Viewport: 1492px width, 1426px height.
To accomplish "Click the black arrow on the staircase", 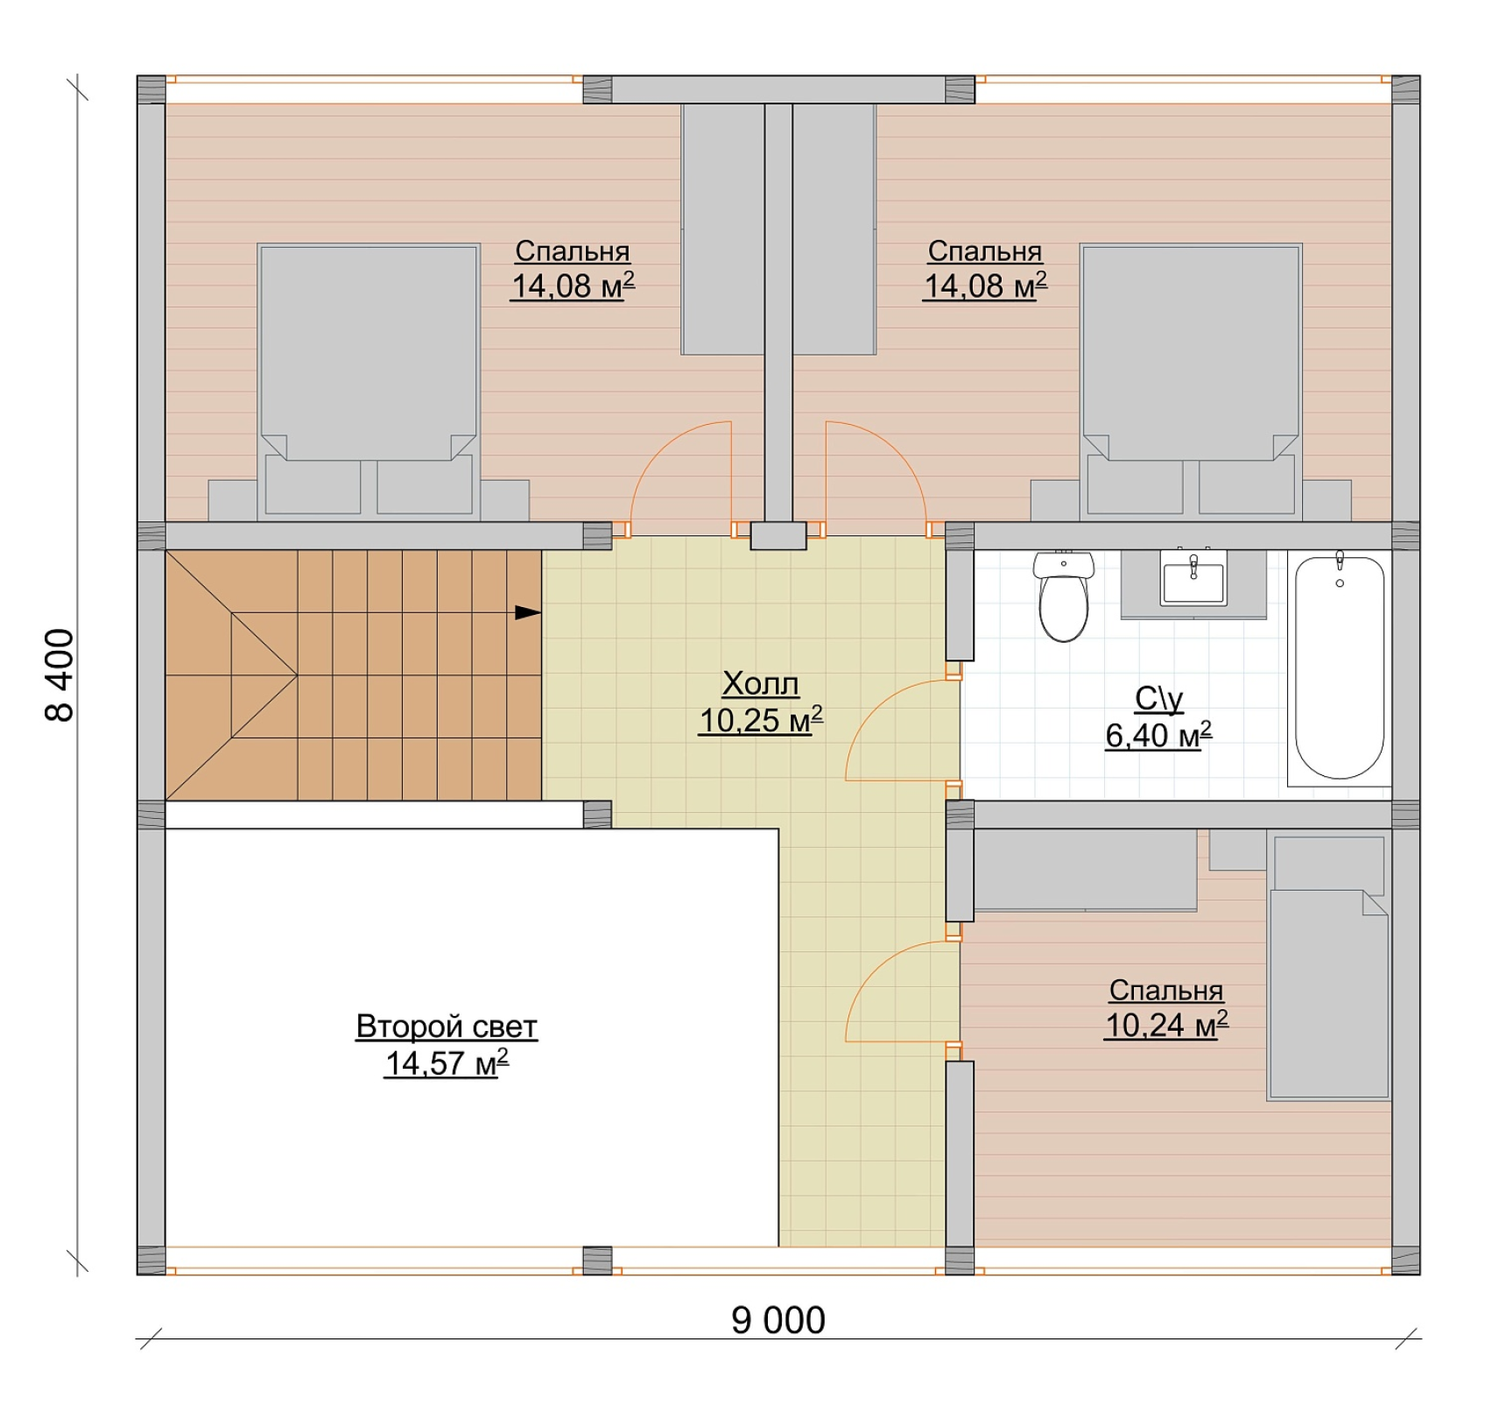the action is (528, 612).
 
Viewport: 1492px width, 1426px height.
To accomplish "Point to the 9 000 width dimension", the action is (778, 1320).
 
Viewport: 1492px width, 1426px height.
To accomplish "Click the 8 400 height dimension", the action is (60, 674).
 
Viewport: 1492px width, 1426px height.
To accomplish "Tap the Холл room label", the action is (760, 683).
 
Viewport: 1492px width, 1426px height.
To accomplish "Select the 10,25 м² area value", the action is (760, 720).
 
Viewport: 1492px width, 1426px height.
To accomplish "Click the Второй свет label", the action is (447, 1027).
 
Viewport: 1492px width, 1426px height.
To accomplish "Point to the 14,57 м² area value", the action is (447, 1062).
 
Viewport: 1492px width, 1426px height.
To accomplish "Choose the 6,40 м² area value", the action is (1158, 735).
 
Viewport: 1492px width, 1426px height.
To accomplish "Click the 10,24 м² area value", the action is (1166, 1024).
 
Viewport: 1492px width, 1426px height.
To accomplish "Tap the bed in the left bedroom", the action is (369, 381).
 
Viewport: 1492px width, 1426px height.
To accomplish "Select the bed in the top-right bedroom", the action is (1191, 381).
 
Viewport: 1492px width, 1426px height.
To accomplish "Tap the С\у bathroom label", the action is (1158, 699).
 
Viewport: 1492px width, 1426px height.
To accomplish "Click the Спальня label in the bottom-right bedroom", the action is (1166, 990).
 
